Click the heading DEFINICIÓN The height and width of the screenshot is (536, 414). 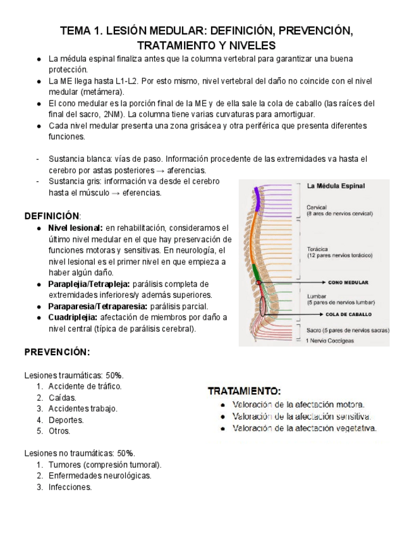(x=52, y=216)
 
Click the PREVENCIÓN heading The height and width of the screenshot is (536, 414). (x=57, y=351)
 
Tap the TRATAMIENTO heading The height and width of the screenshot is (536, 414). (x=244, y=391)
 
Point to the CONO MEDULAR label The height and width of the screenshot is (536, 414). (x=348, y=283)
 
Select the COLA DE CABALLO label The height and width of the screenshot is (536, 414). (x=348, y=314)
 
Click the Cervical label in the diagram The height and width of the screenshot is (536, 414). (x=317, y=207)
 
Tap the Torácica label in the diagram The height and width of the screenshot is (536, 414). (x=317, y=249)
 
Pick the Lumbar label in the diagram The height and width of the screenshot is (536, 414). (x=316, y=296)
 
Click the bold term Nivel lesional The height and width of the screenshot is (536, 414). (x=75, y=228)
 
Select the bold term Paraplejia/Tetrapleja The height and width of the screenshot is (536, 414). (x=89, y=284)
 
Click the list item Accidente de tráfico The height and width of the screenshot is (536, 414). (x=85, y=386)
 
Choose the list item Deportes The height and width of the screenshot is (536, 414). (x=66, y=420)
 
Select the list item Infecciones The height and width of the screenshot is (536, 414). (x=70, y=487)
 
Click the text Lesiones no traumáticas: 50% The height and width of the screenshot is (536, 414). (x=80, y=453)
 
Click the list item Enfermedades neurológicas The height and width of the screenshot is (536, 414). (x=100, y=476)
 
